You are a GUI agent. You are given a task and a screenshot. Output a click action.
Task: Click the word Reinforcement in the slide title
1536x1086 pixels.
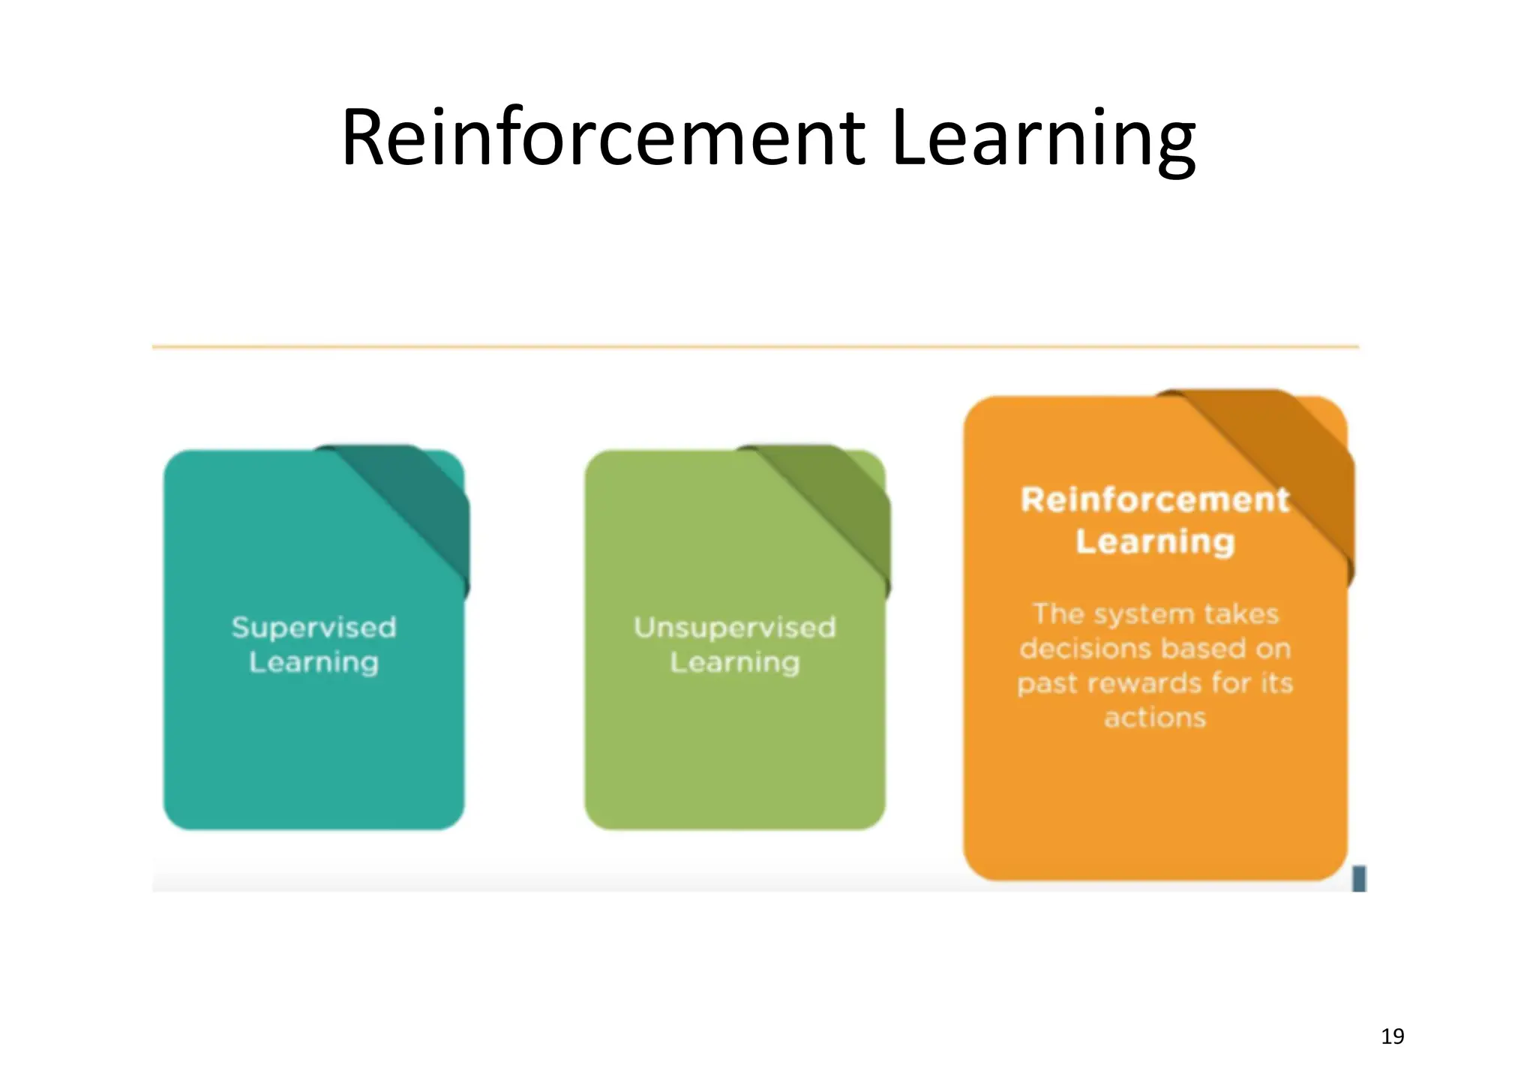click(603, 138)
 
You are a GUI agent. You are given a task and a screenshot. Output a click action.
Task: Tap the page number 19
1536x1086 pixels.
click(1392, 1036)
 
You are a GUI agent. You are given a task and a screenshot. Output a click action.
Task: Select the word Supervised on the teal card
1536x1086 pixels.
click(313, 628)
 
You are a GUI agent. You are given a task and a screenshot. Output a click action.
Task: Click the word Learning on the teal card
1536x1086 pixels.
click(313, 663)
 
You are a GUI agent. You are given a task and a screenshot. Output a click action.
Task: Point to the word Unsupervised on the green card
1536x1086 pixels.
click(734, 628)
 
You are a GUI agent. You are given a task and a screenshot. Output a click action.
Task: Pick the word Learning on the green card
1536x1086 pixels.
click(734, 663)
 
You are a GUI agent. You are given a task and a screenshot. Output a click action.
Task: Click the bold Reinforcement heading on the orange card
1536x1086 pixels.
click(1155, 500)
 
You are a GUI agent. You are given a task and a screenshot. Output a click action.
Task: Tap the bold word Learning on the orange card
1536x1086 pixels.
click(1155, 541)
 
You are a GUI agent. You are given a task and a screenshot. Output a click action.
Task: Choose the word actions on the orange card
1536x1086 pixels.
click(1155, 718)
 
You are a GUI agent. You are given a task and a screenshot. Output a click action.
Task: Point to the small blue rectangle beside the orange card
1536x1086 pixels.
click(1359, 878)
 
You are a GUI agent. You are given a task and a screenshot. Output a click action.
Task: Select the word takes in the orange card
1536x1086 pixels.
click(1242, 614)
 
